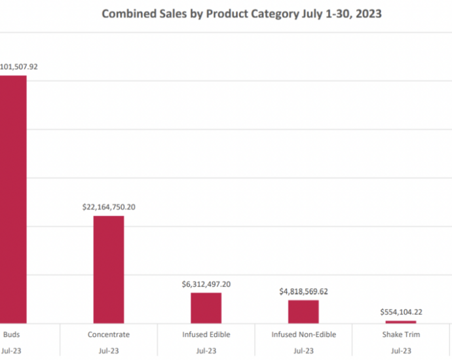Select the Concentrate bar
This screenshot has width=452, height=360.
pyautogui.click(x=109, y=269)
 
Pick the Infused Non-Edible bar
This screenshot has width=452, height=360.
pyautogui.click(x=303, y=312)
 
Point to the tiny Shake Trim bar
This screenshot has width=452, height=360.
pyautogui.click(x=401, y=321)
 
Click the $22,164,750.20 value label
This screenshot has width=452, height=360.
pyautogui.click(x=109, y=207)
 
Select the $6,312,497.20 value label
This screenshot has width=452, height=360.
pyautogui.click(x=206, y=284)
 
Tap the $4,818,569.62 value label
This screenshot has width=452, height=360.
pyautogui.click(x=303, y=291)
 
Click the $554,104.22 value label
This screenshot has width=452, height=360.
pyautogui.click(x=401, y=312)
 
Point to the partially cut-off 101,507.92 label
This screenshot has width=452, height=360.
pyautogui.click(x=19, y=66)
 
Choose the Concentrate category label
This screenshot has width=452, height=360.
pyautogui.click(x=109, y=334)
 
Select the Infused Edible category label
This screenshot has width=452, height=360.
pyautogui.click(x=206, y=334)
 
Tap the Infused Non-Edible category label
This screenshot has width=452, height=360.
pyautogui.click(x=303, y=334)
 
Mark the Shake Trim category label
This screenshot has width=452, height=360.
pyautogui.click(x=401, y=334)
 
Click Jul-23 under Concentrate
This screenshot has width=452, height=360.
pyautogui.click(x=109, y=351)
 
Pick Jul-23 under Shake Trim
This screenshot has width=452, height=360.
pyautogui.click(x=401, y=351)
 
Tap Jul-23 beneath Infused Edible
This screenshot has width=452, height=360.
pyautogui.click(x=206, y=351)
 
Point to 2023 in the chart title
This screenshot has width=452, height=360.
pyautogui.click(x=369, y=14)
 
